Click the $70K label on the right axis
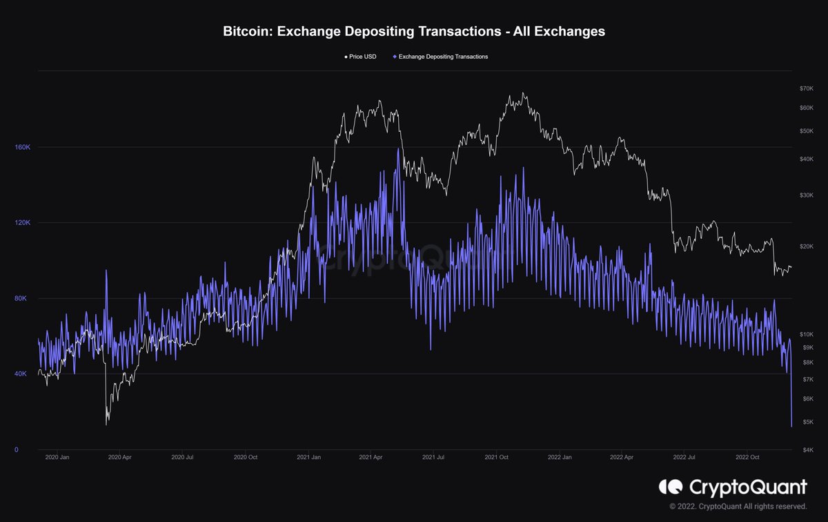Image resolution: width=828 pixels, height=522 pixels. pos(807,88)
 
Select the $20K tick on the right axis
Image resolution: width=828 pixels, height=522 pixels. pos(807,246)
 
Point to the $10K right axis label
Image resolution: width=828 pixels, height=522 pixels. pos(807,334)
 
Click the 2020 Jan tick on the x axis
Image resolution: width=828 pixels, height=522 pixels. pos(56,457)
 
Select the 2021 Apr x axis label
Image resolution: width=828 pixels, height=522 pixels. pos(371,457)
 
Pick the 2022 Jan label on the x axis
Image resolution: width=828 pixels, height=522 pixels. pos(559,457)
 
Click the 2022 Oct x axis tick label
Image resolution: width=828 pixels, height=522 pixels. pos(748,457)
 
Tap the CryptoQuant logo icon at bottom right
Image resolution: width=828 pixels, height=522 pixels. pos(670,487)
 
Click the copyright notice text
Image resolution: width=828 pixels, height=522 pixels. pos(738,507)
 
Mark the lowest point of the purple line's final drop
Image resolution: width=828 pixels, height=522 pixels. pos(791,426)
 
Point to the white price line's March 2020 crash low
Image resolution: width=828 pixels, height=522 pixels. pos(107,424)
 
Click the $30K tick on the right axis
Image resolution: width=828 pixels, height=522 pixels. pos(807,195)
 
